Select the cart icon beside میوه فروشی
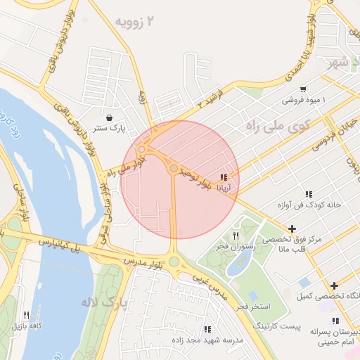click(x=302, y=89)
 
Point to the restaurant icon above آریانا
click(x=224, y=177)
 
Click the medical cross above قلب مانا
click(x=292, y=229)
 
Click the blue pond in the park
click(x=240, y=264)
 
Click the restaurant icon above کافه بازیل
click(x=26, y=316)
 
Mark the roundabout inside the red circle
click(x=174, y=168)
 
